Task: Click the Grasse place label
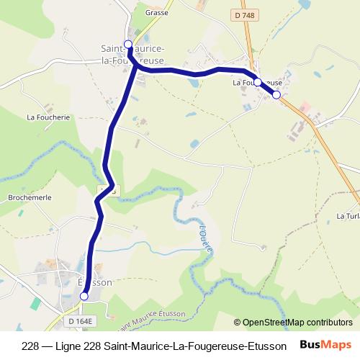156,12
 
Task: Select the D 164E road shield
81,320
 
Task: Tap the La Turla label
348,215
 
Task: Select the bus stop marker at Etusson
84,296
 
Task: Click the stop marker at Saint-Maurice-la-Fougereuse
128,45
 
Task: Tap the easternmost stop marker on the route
276,95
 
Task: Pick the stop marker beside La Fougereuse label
258,82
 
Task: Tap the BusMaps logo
326,344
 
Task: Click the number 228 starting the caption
31,345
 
